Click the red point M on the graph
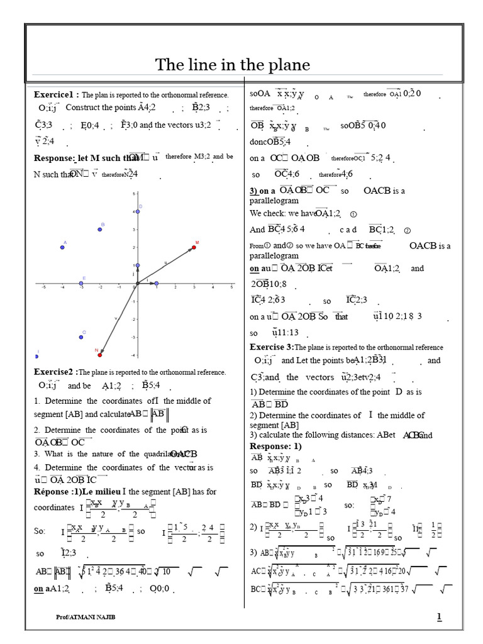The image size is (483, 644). point(194,247)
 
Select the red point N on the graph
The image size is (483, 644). point(100,355)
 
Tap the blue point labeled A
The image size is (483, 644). point(62,247)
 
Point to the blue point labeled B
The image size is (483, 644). point(99,229)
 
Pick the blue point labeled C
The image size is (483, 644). point(81,337)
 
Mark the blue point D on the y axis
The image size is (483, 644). point(138,211)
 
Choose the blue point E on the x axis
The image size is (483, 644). point(81,284)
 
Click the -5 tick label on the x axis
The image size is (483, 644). point(43,289)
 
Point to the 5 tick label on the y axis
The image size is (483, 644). point(133,194)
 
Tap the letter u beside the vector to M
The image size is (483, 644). point(165,262)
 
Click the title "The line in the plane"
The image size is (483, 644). point(233,65)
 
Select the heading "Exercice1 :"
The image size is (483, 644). point(57,94)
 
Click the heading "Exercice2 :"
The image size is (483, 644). point(56,372)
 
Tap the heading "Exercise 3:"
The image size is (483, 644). point(272,347)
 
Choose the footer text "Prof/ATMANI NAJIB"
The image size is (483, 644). point(86,618)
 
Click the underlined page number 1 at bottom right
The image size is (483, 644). point(439,617)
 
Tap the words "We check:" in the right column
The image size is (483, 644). point(266,213)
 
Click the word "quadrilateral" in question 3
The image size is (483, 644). point(147,454)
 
